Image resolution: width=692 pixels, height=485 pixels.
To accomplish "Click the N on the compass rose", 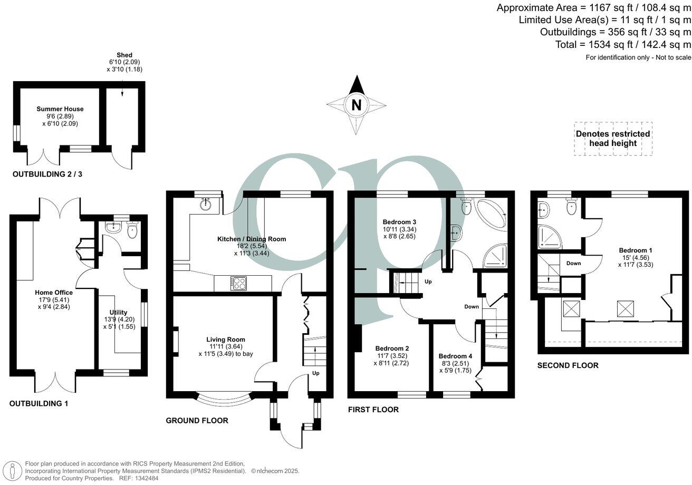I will point(357,105).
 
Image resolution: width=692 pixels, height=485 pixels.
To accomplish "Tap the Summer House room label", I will point(60,109).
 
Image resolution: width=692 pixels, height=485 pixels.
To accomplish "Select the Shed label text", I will point(124,55).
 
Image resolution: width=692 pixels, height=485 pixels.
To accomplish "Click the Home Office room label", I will point(54,292).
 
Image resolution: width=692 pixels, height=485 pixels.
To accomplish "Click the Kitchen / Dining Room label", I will point(252,239).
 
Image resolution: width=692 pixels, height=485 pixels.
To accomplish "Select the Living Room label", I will point(225,339).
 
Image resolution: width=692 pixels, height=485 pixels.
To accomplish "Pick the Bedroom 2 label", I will point(392,348).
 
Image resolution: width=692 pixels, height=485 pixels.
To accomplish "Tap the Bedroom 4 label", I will point(455,356).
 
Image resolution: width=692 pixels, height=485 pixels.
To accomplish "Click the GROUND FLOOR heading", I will point(197,420).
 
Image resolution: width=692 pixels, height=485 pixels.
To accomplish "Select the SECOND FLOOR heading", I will point(568,365).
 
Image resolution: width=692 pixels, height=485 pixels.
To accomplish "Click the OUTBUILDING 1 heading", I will point(46,403).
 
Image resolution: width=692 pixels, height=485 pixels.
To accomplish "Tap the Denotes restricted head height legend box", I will point(612,139).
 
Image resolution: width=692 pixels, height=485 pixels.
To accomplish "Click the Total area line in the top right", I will point(623,45).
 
